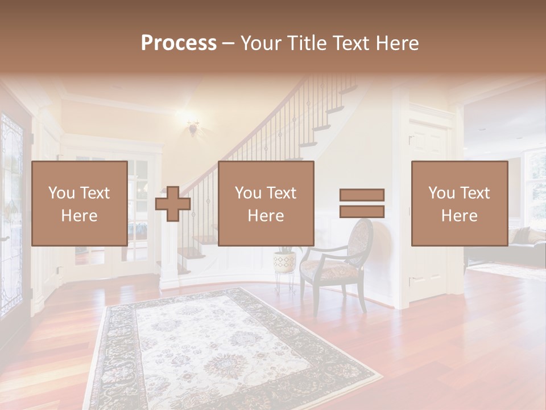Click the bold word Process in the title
pos(179,43)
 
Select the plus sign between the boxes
pos(173,204)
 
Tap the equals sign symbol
pos(362,203)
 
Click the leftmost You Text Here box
pos(79,203)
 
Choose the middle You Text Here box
pos(266,203)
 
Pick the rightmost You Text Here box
pos(459,203)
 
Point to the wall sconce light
pos(193,127)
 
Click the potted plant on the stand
pos(284,259)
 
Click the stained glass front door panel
pos(11,171)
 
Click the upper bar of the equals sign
pos(362,195)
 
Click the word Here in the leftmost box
pos(79,215)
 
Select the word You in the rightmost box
pos(441,193)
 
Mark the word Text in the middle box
pos(281,193)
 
